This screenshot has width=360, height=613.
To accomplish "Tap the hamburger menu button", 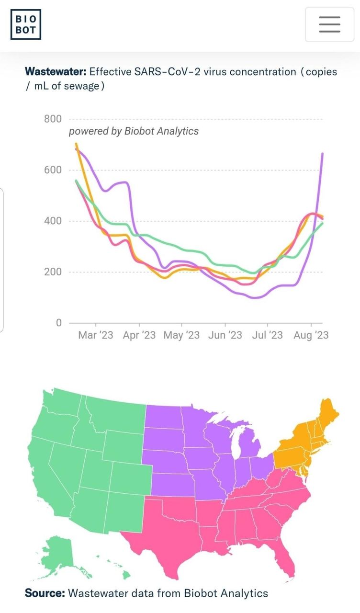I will click(x=329, y=24).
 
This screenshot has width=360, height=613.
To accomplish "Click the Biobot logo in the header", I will click(x=26, y=24).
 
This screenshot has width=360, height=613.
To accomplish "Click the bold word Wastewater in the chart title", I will click(x=55, y=72).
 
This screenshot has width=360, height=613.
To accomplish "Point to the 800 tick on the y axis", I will click(x=53, y=119).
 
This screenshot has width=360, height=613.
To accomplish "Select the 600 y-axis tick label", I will click(x=53, y=170).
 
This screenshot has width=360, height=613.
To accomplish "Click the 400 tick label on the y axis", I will click(x=53, y=221).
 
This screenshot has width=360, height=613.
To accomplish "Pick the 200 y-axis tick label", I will click(x=53, y=272).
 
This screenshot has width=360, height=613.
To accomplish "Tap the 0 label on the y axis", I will click(x=58, y=323).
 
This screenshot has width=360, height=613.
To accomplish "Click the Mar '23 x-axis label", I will click(x=95, y=335).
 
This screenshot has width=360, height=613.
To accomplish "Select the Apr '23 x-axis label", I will click(x=139, y=335).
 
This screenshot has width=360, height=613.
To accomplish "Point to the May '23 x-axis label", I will click(x=181, y=335).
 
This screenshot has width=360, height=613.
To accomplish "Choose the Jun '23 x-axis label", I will click(x=225, y=335).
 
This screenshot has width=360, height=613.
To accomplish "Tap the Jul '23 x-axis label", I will click(x=267, y=335).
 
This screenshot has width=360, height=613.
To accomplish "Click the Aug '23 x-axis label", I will click(x=311, y=335).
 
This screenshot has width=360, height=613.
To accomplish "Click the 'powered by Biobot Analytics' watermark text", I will click(x=134, y=131).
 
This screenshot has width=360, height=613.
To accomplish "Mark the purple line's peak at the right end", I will click(x=322, y=153).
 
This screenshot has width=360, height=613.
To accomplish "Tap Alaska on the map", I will click(x=60, y=551).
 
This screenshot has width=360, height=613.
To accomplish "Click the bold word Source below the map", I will click(x=45, y=593).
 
